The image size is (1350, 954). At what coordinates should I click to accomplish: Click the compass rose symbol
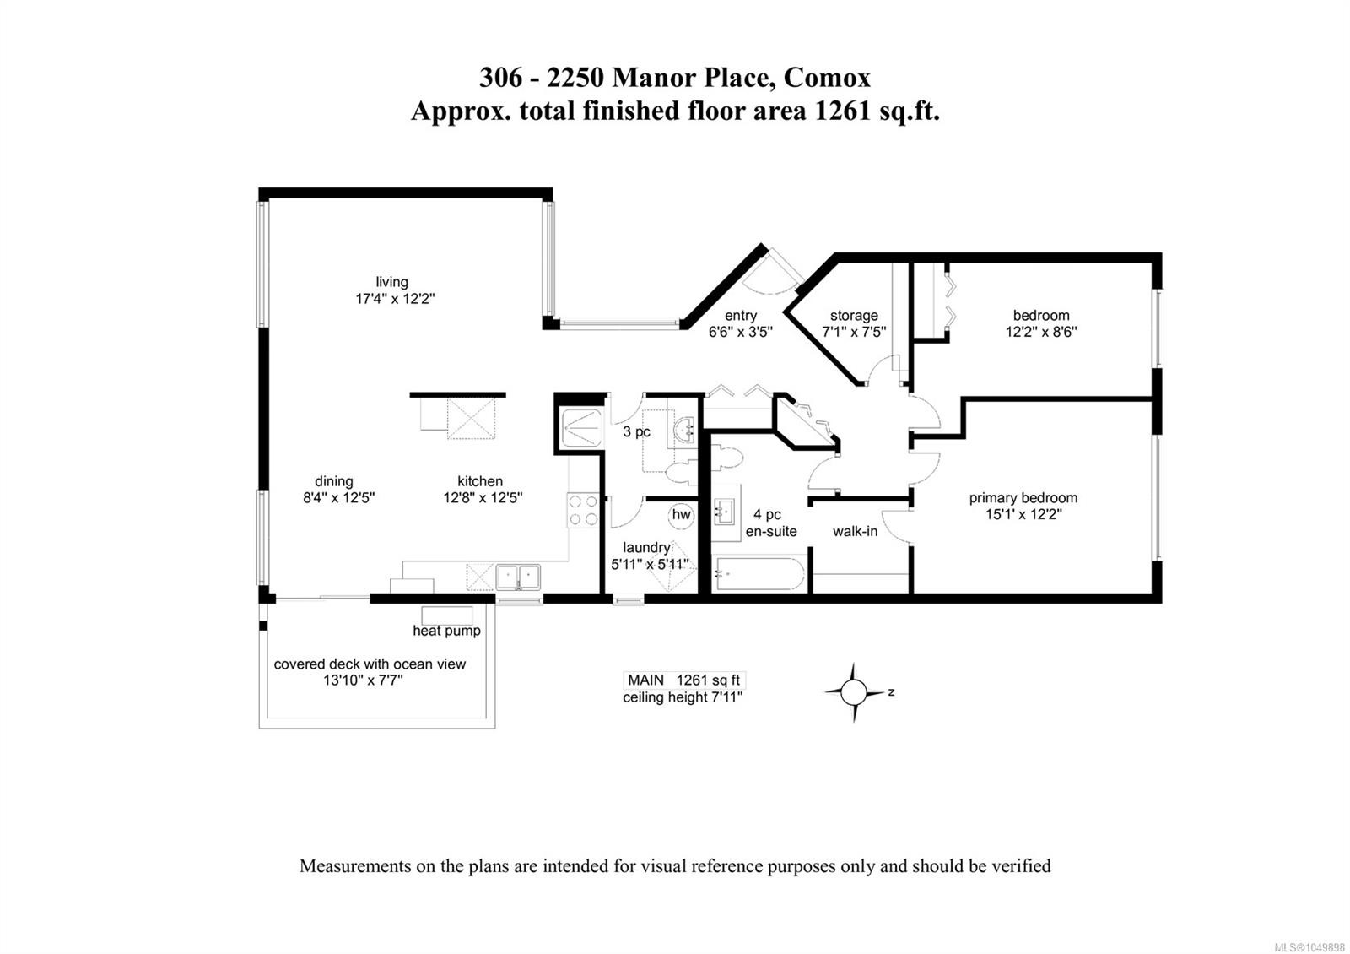coord(853,692)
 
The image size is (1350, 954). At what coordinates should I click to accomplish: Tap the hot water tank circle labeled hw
coord(681,515)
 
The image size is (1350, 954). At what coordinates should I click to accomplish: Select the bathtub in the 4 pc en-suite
coord(759,573)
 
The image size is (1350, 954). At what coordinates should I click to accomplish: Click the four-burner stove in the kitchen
coord(583,510)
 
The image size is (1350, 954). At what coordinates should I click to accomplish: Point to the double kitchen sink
coord(518,577)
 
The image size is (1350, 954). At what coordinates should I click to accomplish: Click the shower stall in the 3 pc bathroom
coord(580,428)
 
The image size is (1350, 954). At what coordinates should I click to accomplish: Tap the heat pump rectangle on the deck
coord(447,615)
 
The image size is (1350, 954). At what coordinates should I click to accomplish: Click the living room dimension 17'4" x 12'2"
coord(395,299)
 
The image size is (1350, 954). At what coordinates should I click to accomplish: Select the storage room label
coord(854,316)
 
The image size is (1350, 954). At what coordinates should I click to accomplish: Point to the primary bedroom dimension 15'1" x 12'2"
coord(1023,514)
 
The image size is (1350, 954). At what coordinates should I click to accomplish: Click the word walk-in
coord(856,531)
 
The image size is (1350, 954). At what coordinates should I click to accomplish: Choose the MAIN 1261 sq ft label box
coord(684,680)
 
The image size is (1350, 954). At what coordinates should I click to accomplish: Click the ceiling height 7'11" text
coord(683,697)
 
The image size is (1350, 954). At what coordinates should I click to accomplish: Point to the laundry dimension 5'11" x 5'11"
coord(650,565)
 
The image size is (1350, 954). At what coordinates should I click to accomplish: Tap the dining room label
coord(334,481)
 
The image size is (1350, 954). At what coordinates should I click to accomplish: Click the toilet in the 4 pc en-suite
coord(727,458)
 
